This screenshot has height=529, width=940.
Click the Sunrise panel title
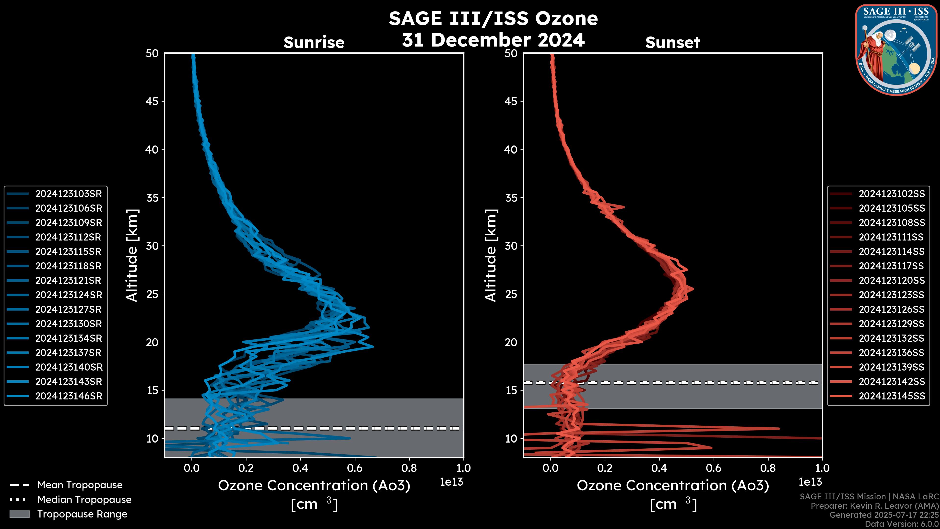pyautogui.click(x=314, y=43)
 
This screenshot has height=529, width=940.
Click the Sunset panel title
pyautogui.click(x=672, y=43)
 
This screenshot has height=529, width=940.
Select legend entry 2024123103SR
pyautogui.click(x=69, y=194)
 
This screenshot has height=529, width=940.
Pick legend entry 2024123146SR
pyautogui.click(x=69, y=396)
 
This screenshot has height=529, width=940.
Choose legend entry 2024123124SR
pyautogui.click(x=69, y=295)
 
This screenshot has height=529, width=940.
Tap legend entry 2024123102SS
pyautogui.click(x=892, y=194)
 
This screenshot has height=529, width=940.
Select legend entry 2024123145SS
pyautogui.click(x=892, y=396)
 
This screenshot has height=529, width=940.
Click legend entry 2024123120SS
pyautogui.click(x=892, y=280)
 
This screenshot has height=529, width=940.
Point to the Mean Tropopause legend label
pyautogui.click(x=80, y=485)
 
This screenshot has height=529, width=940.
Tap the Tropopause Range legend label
pyautogui.click(x=82, y=514)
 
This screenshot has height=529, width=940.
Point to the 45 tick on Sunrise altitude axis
pyautogui.click(x=152, y=101)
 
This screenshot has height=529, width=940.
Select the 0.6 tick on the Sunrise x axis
pyautogui.click(x=355, y=468)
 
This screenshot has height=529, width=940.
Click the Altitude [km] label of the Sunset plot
pyautogui.click(x=491, y=255)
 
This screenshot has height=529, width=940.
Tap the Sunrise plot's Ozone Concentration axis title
pyautogui.click(x=314, y=486)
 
